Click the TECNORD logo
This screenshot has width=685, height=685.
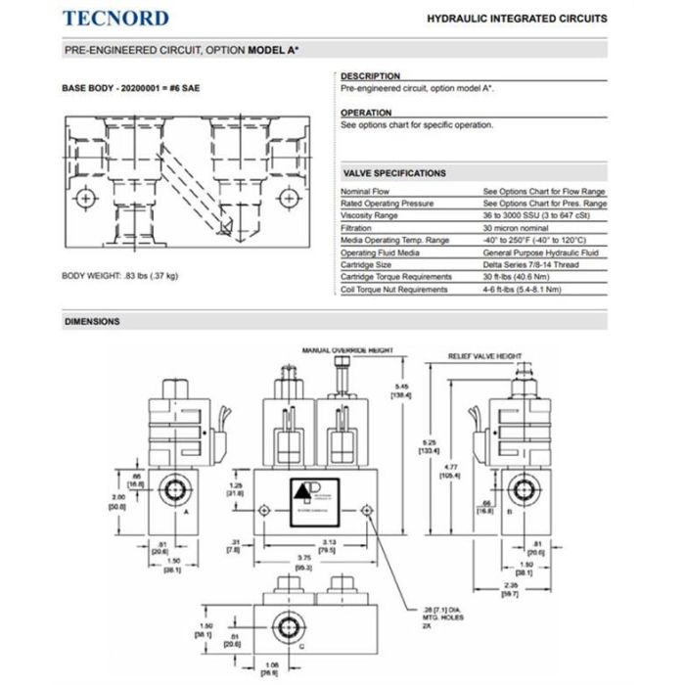point(115,18)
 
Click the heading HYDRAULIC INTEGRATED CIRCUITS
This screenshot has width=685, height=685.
point(517,19)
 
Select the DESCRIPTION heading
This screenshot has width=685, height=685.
point(370,76)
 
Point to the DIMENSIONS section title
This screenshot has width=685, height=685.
point(92,321)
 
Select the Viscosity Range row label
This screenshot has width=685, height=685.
point(370,215)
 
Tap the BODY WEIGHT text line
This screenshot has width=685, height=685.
point(120,276)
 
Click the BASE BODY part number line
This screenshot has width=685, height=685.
point(132,88)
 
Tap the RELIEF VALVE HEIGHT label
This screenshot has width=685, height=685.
point(486,357)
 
